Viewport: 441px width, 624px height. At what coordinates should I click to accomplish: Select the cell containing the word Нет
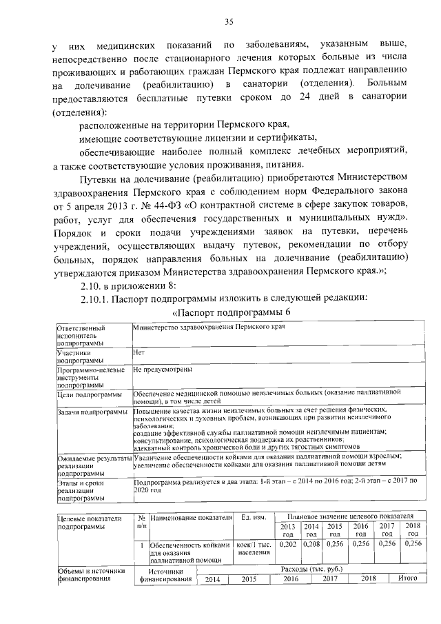point(138,351)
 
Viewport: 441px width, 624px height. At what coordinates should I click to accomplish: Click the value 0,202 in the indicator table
point(289,544)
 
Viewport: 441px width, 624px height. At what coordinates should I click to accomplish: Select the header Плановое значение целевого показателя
point(349,516)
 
